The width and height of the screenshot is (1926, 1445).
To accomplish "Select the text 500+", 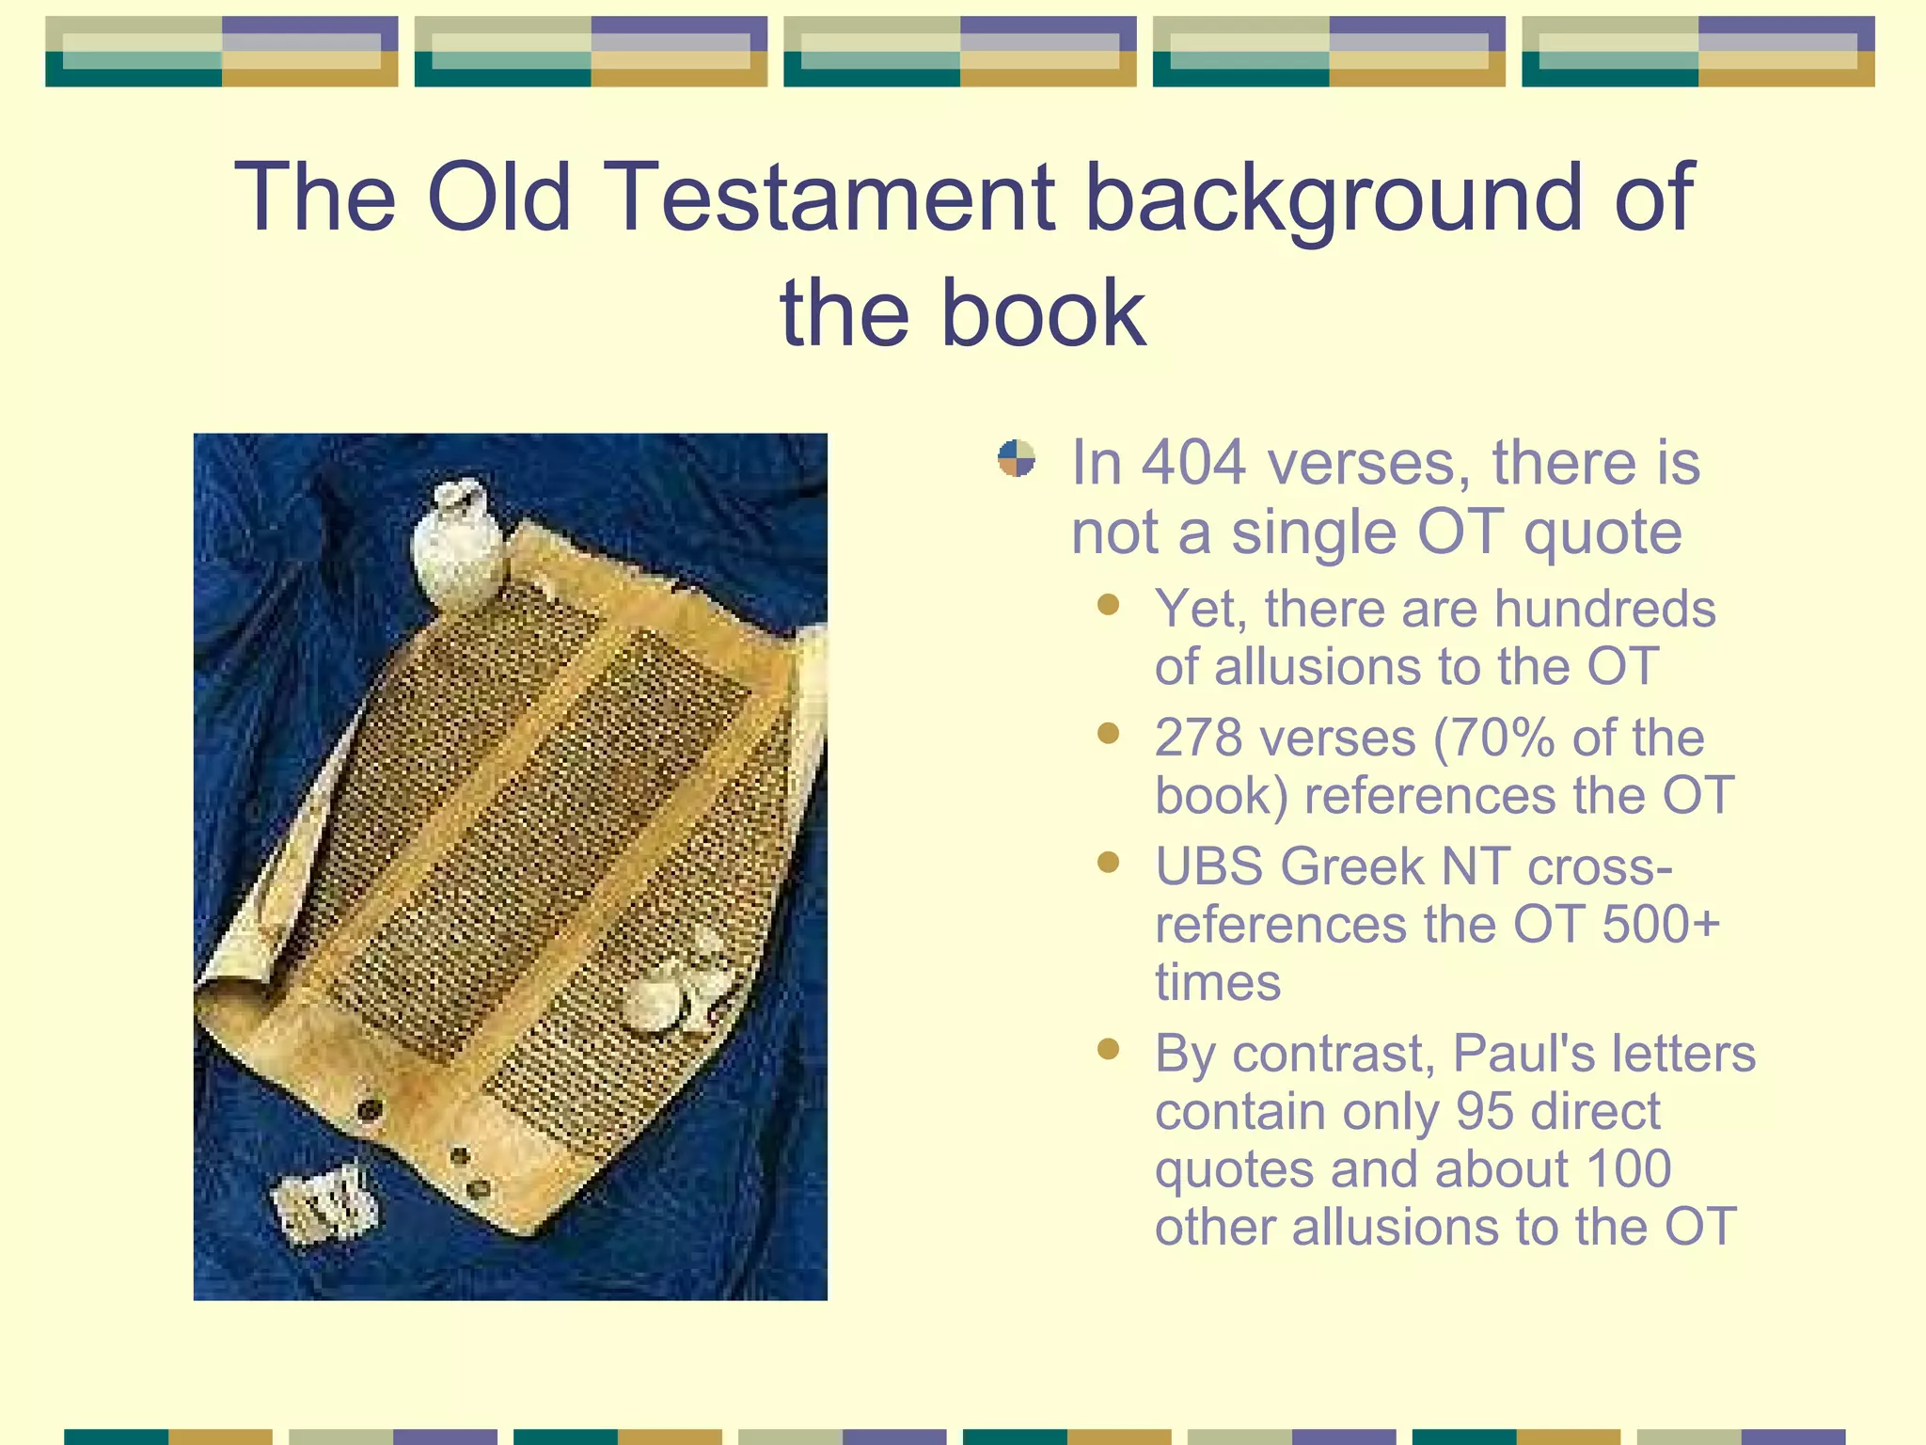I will (1661, 924).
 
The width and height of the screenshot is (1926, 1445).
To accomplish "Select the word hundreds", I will (1604, 609).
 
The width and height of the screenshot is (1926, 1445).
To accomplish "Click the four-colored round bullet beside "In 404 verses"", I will (1017, 459).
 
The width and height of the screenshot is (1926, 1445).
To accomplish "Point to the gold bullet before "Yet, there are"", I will (1109, 604).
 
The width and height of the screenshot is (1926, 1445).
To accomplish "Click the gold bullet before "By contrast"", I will (1109, 1049).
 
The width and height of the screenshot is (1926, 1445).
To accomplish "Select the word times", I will (1217, 983).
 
